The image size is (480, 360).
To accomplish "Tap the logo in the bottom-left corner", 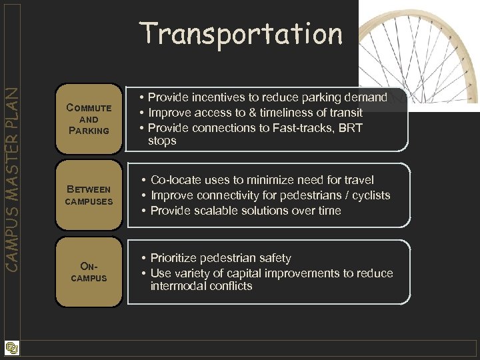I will [11, 348].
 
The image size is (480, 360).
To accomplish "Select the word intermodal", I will [176, 286].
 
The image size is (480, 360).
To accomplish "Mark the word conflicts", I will [229, 286].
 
